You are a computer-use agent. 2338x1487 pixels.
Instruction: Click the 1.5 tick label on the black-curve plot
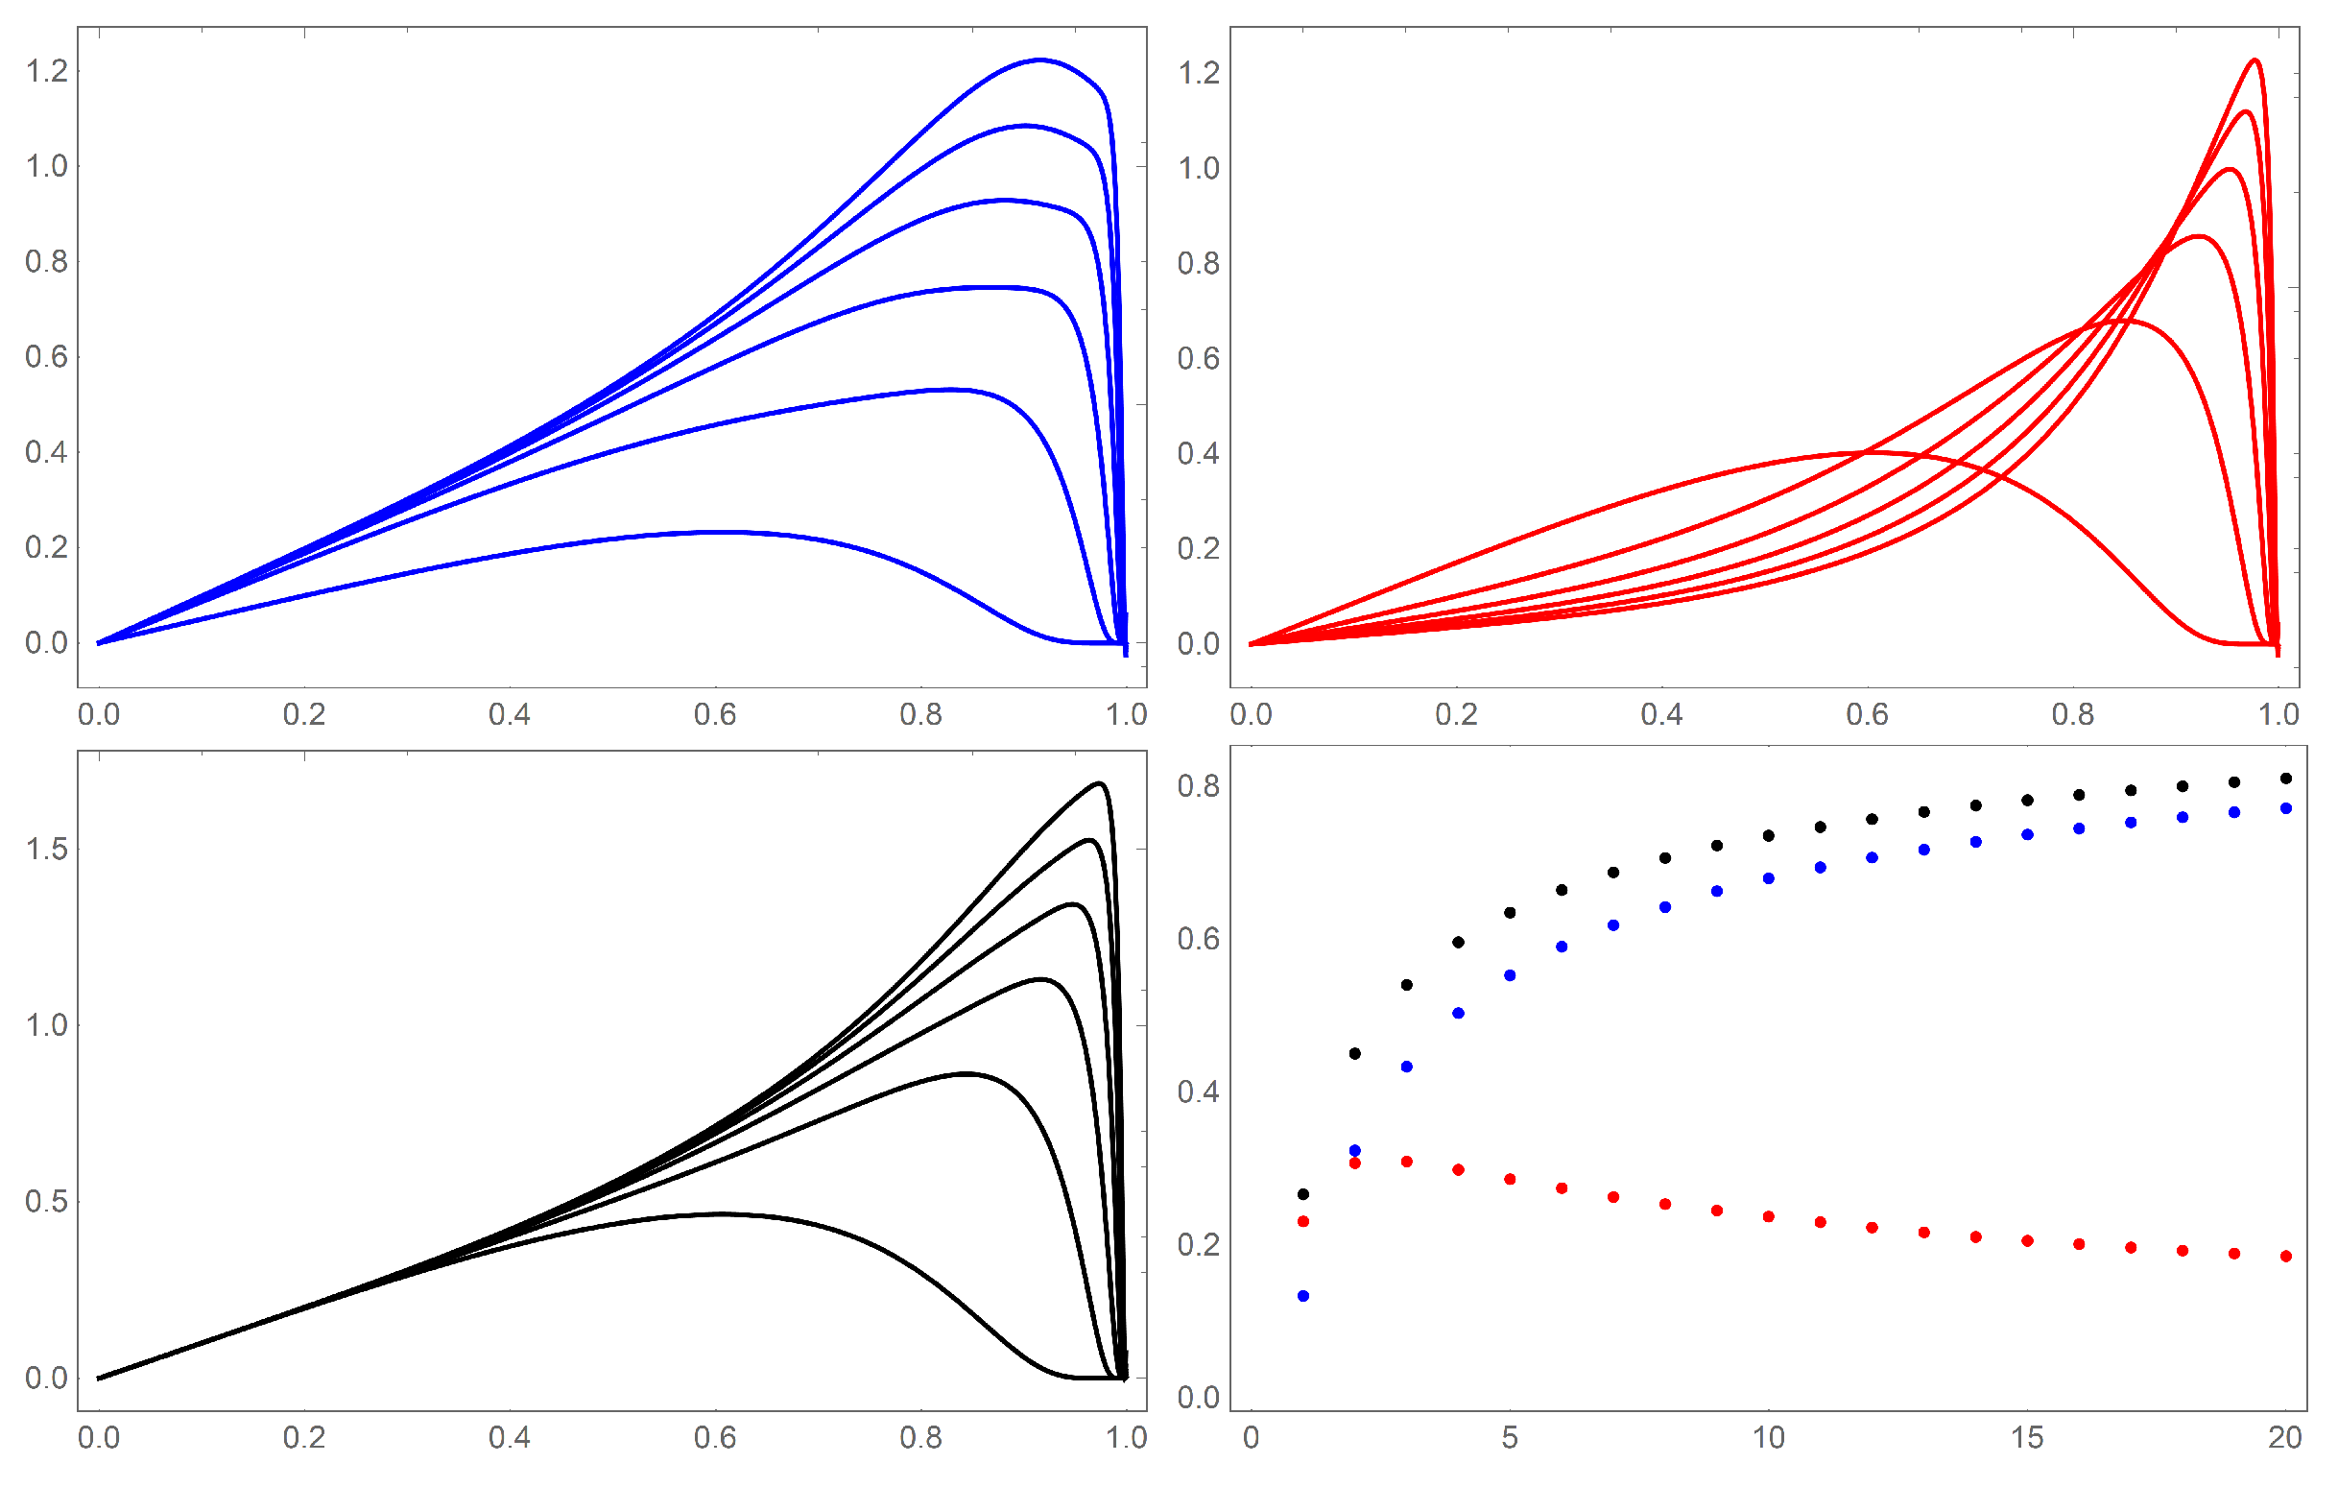tap(47, 849)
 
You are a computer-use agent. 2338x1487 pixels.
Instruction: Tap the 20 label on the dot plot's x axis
tap(2284, 1437)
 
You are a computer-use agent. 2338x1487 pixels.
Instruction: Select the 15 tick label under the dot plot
tap(2026, 1437)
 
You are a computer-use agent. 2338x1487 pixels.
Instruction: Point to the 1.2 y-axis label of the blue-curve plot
tap(47, 71)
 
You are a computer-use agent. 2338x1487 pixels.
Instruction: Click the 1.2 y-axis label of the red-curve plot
tap(1198, 72)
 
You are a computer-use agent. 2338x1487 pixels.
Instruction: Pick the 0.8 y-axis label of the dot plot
tap(1198, 786)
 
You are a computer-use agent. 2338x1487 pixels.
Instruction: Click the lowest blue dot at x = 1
tap(1303, 1296)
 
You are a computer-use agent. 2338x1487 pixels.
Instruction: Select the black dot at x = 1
tap(1303, 1193)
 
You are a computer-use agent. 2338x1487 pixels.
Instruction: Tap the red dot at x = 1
tap(1303, 1221)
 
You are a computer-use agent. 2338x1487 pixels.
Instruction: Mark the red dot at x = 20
tap(2285, 1256)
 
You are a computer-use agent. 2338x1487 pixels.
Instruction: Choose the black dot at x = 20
tap(2285, 778)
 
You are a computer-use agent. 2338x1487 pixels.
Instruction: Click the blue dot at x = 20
tap(2285, 808)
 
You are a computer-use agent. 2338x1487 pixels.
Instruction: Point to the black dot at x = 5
tap(1510, 912)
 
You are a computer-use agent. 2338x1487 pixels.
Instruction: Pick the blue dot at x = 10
tap(1768, 878)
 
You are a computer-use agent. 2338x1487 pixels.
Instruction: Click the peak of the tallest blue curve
tap(1039, 60)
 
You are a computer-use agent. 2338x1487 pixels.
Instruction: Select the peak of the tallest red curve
tap(2254, 60)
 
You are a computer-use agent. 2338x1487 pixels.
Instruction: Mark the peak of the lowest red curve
tap(1869, 451)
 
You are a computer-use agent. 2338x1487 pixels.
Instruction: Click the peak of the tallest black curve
tap(1099, 781)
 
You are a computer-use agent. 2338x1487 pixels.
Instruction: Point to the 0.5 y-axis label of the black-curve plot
tap(47, 1202)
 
